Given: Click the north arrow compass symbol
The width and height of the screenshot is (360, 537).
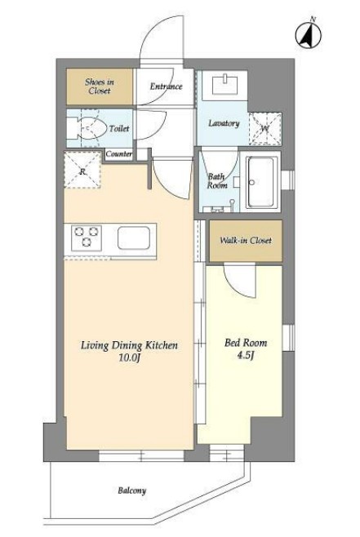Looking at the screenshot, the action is point(309,34).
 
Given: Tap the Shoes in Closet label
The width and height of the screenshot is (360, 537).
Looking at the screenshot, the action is point(100,87).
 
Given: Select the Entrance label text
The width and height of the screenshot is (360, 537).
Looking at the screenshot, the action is point(167,86).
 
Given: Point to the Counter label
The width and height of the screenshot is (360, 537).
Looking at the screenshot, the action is point(119,153).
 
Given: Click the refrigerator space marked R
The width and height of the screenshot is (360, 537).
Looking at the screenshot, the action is point(82,171).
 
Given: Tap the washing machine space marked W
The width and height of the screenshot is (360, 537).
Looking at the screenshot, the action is point(264,129).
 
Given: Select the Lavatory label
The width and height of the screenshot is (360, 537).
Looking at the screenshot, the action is point(224,123).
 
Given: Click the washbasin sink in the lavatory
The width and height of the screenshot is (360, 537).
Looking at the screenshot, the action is point(224,85).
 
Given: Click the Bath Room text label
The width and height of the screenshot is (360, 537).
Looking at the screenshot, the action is point(217,181).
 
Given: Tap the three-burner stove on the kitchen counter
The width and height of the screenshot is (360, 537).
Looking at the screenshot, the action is point(87,237).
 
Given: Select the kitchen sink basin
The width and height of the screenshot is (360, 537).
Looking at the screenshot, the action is point(134,237).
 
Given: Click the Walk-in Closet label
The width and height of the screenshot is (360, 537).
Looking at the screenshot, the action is point(246,240).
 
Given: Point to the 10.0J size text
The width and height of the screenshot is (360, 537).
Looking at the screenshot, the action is point(130,358).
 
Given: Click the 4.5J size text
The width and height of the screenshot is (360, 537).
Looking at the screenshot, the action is point(246,356).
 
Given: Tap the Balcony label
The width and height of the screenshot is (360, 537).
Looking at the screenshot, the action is point(132,490).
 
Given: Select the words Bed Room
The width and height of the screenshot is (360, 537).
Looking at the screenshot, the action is point(246,343).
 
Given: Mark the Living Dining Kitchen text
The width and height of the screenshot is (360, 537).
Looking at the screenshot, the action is point(129,345).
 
